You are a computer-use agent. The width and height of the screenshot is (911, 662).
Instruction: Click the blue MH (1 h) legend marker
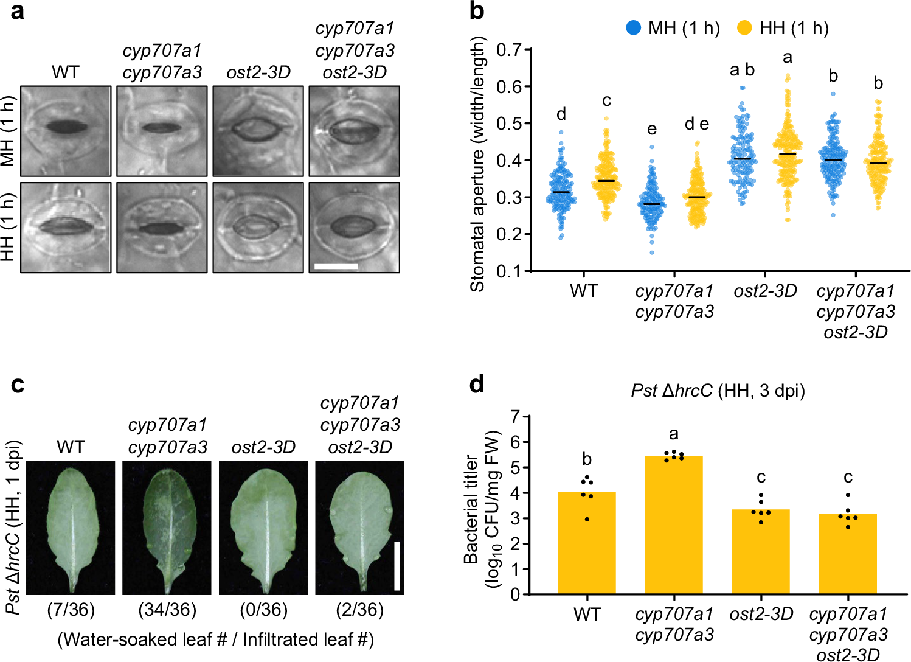coord(634,28)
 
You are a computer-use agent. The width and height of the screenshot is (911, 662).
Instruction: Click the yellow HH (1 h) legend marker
coord(744,28)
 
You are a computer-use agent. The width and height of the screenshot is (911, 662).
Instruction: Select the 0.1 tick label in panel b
coord(509,271)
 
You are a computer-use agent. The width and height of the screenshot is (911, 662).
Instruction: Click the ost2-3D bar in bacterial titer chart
coord(761,551)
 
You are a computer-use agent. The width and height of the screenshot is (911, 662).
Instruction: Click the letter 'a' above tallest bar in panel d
coord(674,434)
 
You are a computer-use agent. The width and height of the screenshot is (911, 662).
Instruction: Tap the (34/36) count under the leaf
coord(167,610)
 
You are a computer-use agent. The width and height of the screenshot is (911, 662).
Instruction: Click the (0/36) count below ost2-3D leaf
coord(263,610)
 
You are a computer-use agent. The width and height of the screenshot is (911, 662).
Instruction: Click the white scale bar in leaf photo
coord(397,565)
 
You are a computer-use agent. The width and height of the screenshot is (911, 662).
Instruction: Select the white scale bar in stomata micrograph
coord(336,267)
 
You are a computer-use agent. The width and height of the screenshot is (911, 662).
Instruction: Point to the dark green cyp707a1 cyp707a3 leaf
coord(167,527)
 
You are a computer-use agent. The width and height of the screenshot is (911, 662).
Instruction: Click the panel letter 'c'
coord(18,385)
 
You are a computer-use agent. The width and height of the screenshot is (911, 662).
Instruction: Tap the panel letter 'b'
coord(477,11)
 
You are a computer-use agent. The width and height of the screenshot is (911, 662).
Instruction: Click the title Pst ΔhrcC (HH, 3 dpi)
coord(718,391)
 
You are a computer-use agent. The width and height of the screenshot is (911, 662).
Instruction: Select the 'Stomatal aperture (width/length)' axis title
coord(478,164)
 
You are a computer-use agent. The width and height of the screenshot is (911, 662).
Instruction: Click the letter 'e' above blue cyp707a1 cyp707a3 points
coord(652,129)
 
